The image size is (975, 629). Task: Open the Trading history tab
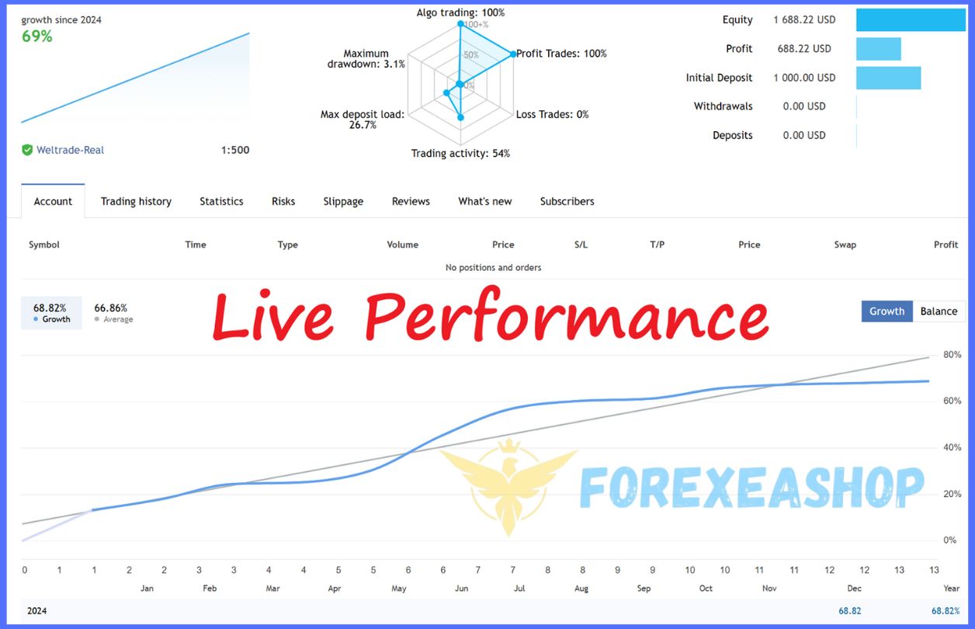click(136, 201)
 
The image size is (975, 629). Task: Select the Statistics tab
click(221, 201)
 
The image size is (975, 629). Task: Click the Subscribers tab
click(567, 201)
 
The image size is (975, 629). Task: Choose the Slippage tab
click(343, 202)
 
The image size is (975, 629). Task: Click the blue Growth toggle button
click(887, 311)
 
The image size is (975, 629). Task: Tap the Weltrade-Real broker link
click(70, 150)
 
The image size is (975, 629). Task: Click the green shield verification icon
click(27, 150)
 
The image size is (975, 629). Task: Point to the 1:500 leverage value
click(235, 150)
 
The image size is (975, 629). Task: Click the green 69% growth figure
click(37, 36)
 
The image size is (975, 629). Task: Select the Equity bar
click(911, 19)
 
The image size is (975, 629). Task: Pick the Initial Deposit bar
click(888, 78)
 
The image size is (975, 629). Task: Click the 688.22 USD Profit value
click(804, 49)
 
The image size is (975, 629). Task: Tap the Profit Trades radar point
click(513, 54)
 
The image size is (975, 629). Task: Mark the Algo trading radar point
click(460, 23)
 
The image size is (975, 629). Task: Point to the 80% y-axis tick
click(952, 355)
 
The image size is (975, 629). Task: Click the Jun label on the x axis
click(461, 589)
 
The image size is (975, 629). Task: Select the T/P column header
click(657, 245)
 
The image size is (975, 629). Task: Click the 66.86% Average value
click(110, 308)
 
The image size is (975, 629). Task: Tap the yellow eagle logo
click(508, 488)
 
